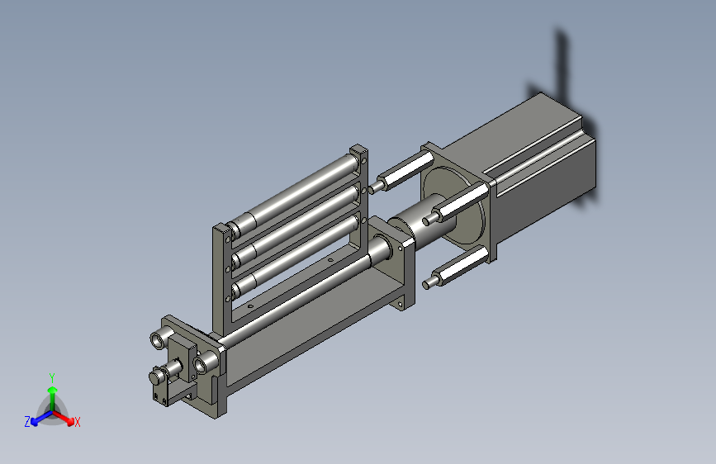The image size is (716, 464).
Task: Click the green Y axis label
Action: [52, 377]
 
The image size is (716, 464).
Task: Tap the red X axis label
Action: [77, 422]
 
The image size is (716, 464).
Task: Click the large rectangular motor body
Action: [538, 169]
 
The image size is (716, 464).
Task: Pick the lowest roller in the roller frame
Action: [295, 252]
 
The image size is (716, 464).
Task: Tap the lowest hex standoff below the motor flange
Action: [456, 268]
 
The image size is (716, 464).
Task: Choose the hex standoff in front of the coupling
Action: [456, 204]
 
